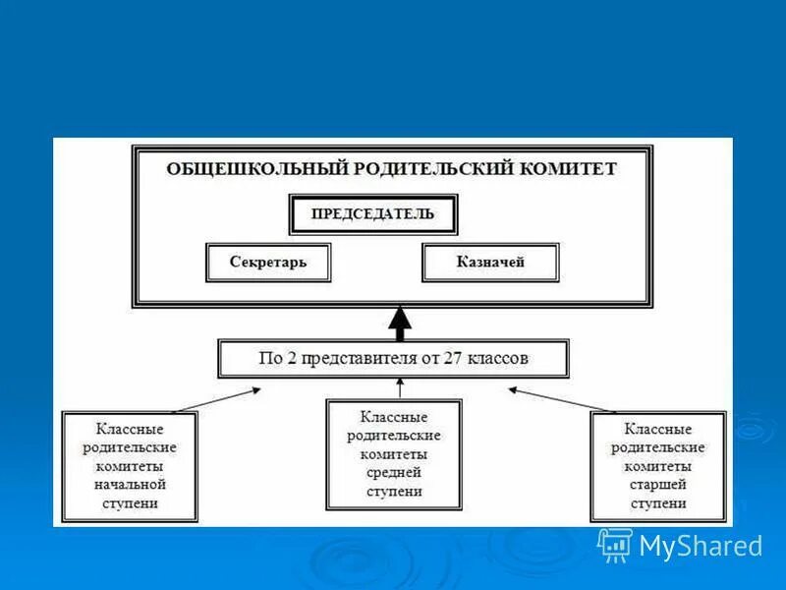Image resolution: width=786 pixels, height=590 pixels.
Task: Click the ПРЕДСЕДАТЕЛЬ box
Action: (x=372, y=214)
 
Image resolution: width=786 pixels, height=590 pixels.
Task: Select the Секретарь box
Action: (x=268, y=263)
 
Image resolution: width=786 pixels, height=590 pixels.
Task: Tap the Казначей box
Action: (x=490, y=263)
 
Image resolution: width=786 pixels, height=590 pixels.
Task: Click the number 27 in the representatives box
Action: (x=453, y=359)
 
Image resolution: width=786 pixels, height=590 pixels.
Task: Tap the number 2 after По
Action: (x=288, y=359)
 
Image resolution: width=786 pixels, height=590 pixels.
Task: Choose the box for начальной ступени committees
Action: (x=130, y=466)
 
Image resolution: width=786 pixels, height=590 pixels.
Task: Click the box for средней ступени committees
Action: (x=393, y=453)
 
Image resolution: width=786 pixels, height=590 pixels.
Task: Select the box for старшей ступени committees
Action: (x=658, y=466)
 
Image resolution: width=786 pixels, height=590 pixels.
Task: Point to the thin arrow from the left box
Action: (x=217, y=398)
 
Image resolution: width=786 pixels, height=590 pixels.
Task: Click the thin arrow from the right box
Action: (x=561, y=398)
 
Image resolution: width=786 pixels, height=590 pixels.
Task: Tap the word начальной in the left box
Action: (x=130, y=485)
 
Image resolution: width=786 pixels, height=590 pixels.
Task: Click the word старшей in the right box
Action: (x=658, y=485)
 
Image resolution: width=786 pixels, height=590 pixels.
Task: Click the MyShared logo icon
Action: (x=615, y=544)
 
